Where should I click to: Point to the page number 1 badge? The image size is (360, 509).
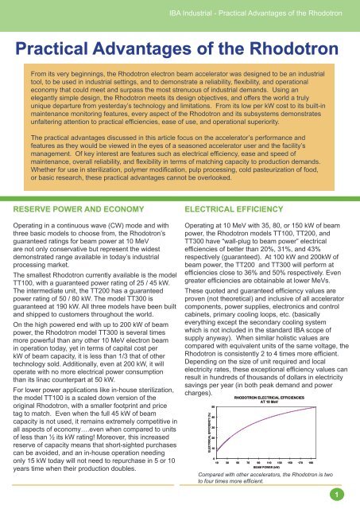(x=337, y=493)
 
